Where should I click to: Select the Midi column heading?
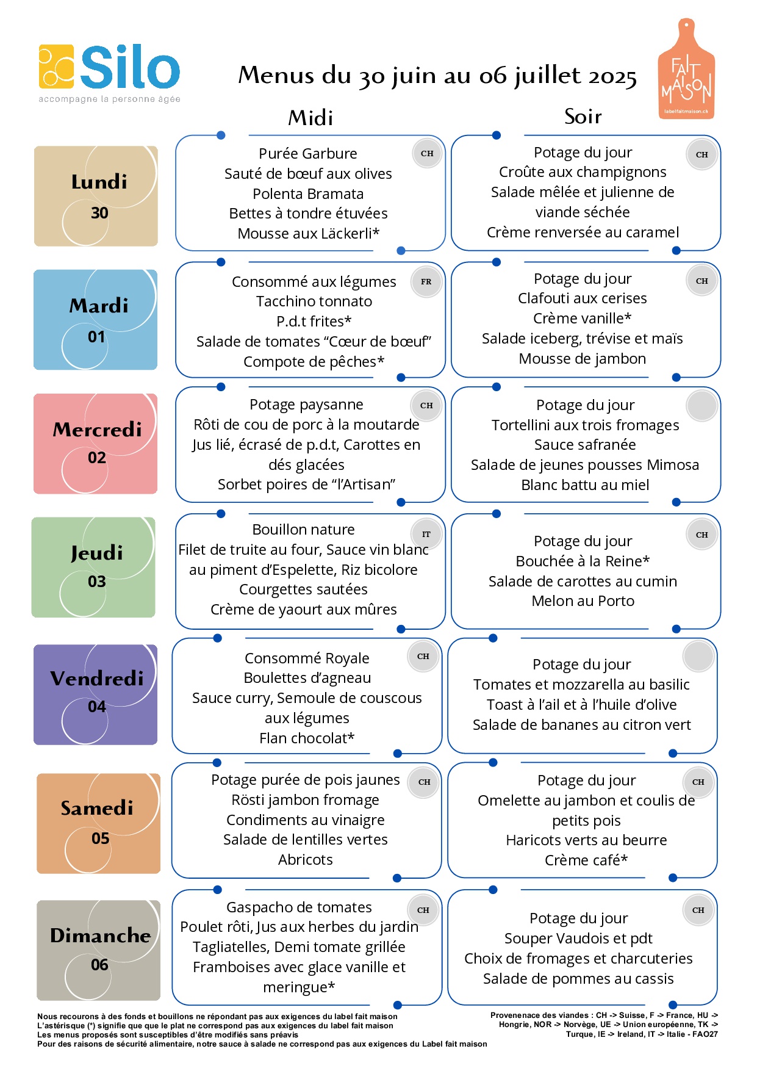[x=310, y=118]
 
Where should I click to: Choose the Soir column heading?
[x=583, y=116]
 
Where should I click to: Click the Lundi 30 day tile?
[x=96, y=196]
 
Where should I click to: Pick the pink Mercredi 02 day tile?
[x=95, y=444]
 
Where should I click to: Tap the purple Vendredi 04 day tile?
[x=95, y=694]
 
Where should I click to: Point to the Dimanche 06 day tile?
[x=98, y=950]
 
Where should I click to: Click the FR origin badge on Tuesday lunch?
[x=426, y=282]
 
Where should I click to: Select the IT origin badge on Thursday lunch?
[x=426, y=535]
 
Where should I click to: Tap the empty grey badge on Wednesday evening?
[x=702, y=405]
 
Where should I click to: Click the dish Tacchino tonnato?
[x=314, y=301]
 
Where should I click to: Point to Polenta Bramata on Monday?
[x=308, y=194]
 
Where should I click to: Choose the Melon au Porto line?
[x=583, y=601]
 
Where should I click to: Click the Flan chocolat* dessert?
[x=307, y=738]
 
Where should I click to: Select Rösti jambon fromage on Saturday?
[x=306, y=800]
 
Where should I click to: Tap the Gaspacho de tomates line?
[x=299, y=907]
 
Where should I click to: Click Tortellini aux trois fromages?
[x=586, y=425]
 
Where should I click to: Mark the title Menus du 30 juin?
[x=437, y=76]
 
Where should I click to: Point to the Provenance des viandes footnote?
[x=604, y=1025]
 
